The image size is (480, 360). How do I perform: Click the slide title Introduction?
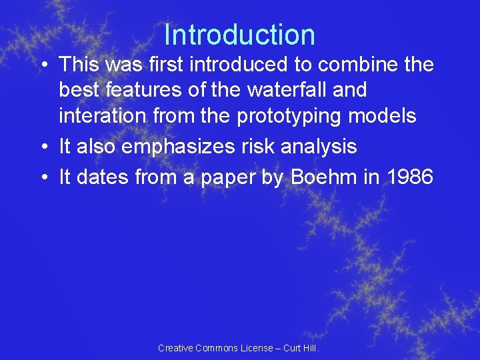tap(239, 35)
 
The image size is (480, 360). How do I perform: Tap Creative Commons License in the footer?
tap(215, 348)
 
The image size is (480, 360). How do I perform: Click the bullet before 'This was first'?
tap(43, 65)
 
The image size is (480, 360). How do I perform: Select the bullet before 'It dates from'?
tap(43, 177)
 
